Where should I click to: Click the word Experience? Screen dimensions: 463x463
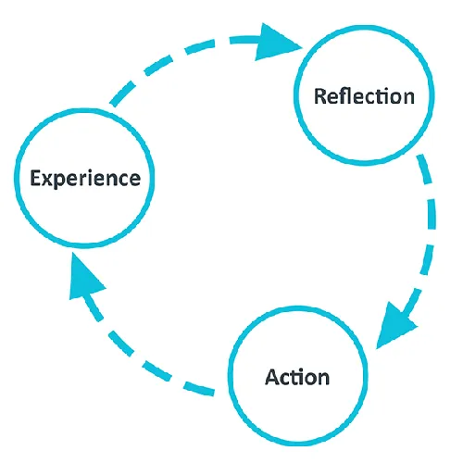84,178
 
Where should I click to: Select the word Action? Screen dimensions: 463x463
296,377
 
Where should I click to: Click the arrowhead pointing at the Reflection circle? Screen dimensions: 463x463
282,43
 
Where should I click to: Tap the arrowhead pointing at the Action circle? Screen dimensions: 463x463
395,324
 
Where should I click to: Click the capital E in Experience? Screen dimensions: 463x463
34,178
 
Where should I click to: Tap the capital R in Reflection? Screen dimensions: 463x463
320,96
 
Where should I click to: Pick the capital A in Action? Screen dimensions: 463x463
271,377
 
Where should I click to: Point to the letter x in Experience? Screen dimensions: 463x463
46,179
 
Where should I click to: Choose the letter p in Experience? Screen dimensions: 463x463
58,181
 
